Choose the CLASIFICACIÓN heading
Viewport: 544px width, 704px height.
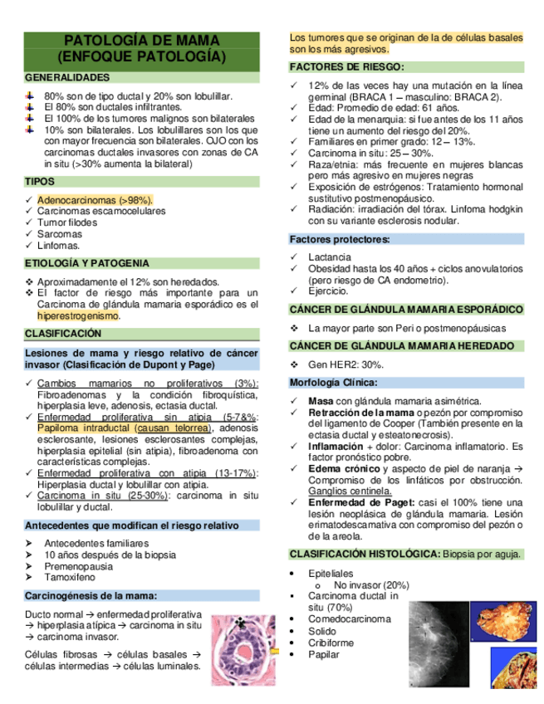tap(63, 333)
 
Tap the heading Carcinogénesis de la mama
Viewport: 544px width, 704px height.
tap(91, 595)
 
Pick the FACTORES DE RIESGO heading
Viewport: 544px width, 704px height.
tap(347, 66)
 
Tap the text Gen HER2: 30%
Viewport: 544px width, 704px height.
tap(346, 365)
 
